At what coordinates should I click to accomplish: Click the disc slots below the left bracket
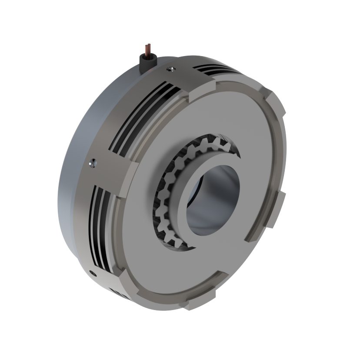point(102,226)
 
